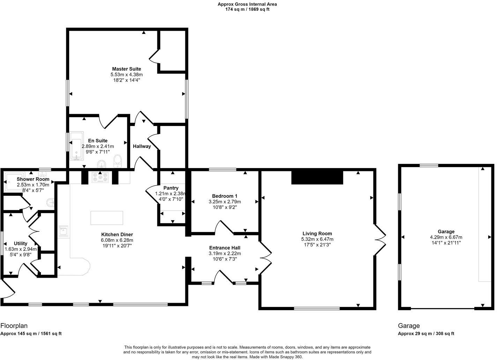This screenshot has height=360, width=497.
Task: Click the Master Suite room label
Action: (126, 69)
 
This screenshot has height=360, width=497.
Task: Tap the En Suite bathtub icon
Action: (76, 146)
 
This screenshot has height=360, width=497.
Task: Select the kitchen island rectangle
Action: (107, 218)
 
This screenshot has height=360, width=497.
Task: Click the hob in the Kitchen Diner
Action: (101, 178)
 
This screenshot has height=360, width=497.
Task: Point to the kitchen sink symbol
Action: (64, 231)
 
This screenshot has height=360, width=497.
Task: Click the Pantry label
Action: (171, 188)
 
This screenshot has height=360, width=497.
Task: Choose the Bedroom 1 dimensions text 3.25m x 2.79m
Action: (224, 202)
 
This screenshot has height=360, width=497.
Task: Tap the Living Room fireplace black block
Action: (317, 177)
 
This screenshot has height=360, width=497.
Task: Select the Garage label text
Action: (446, 232)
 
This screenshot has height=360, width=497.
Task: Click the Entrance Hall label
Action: (225, 248)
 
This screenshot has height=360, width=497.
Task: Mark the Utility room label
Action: (21, 243)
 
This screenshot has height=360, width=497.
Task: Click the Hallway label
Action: (142, 147)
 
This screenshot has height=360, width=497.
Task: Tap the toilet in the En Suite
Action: (118, 160)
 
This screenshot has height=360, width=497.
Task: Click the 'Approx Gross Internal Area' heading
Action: (247, 4)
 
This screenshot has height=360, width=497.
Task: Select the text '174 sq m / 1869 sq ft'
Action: (247, 9)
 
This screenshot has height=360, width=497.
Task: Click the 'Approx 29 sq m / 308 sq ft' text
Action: (426, 333)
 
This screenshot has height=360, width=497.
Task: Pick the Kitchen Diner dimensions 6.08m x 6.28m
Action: (117, 240)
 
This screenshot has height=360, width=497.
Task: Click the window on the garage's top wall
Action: (429, 166)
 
